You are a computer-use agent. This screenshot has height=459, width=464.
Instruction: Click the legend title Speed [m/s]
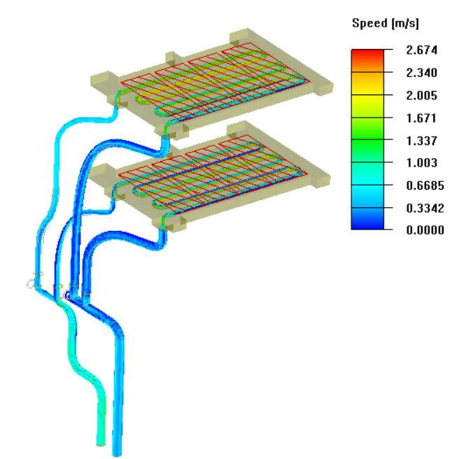(x=384, y=24)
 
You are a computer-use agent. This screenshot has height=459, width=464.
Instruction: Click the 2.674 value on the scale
(x=424, y=49)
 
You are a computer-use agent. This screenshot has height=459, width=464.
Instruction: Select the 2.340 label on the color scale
(x=424, y=72)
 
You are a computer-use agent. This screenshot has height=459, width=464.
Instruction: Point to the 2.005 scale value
(x=424, y=95)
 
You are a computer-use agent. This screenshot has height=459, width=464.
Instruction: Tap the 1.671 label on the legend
(x=424, y=118)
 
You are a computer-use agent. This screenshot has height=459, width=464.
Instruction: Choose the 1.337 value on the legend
(x=424, y=140)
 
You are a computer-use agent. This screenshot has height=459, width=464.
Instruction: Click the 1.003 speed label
(x=424, y=162)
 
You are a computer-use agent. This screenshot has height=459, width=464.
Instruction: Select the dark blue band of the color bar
(x=367, y=223)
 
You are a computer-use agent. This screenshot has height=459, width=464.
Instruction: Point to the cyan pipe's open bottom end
(x=101, y=442)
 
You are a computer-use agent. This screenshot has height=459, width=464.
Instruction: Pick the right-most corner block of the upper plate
(x=323, y=88)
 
